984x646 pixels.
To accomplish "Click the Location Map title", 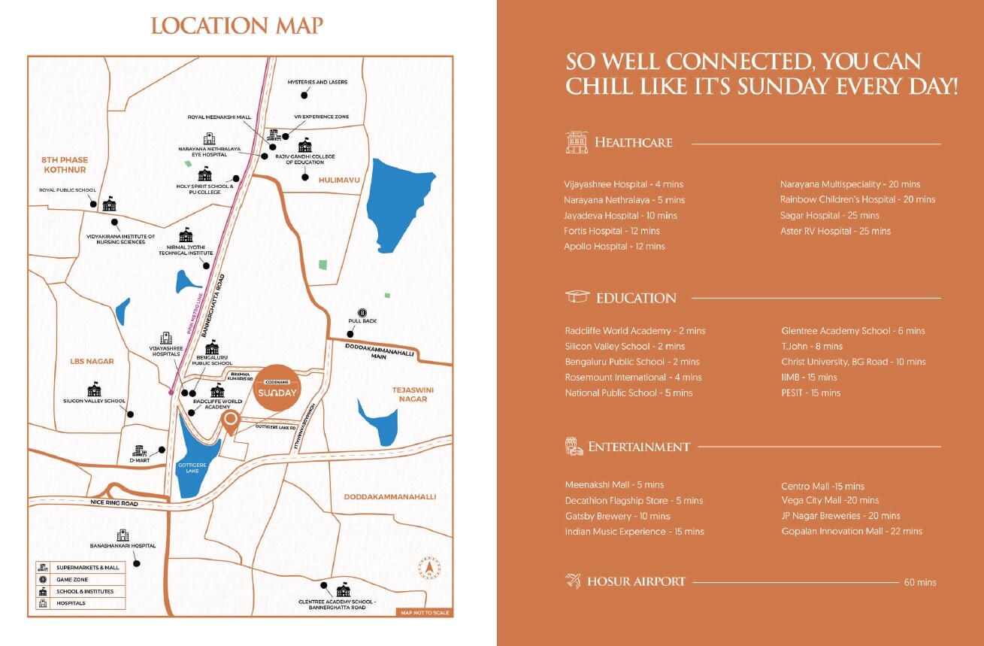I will tap(237, 26).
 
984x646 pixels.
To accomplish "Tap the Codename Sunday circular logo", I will tap(278, 389).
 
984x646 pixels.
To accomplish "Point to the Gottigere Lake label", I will tap(188, 469).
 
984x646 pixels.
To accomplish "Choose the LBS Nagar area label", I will tap(92, 361).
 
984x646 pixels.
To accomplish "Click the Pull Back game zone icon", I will tap(363, 312).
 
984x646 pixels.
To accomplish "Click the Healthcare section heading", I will tap(633, 142).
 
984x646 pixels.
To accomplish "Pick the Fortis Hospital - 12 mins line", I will tap(612, 231).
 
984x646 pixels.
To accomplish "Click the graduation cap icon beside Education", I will tap(577, 297).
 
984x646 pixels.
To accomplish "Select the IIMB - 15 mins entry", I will tap(809, 377).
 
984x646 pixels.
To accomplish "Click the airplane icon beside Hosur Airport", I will tap(574, 581).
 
